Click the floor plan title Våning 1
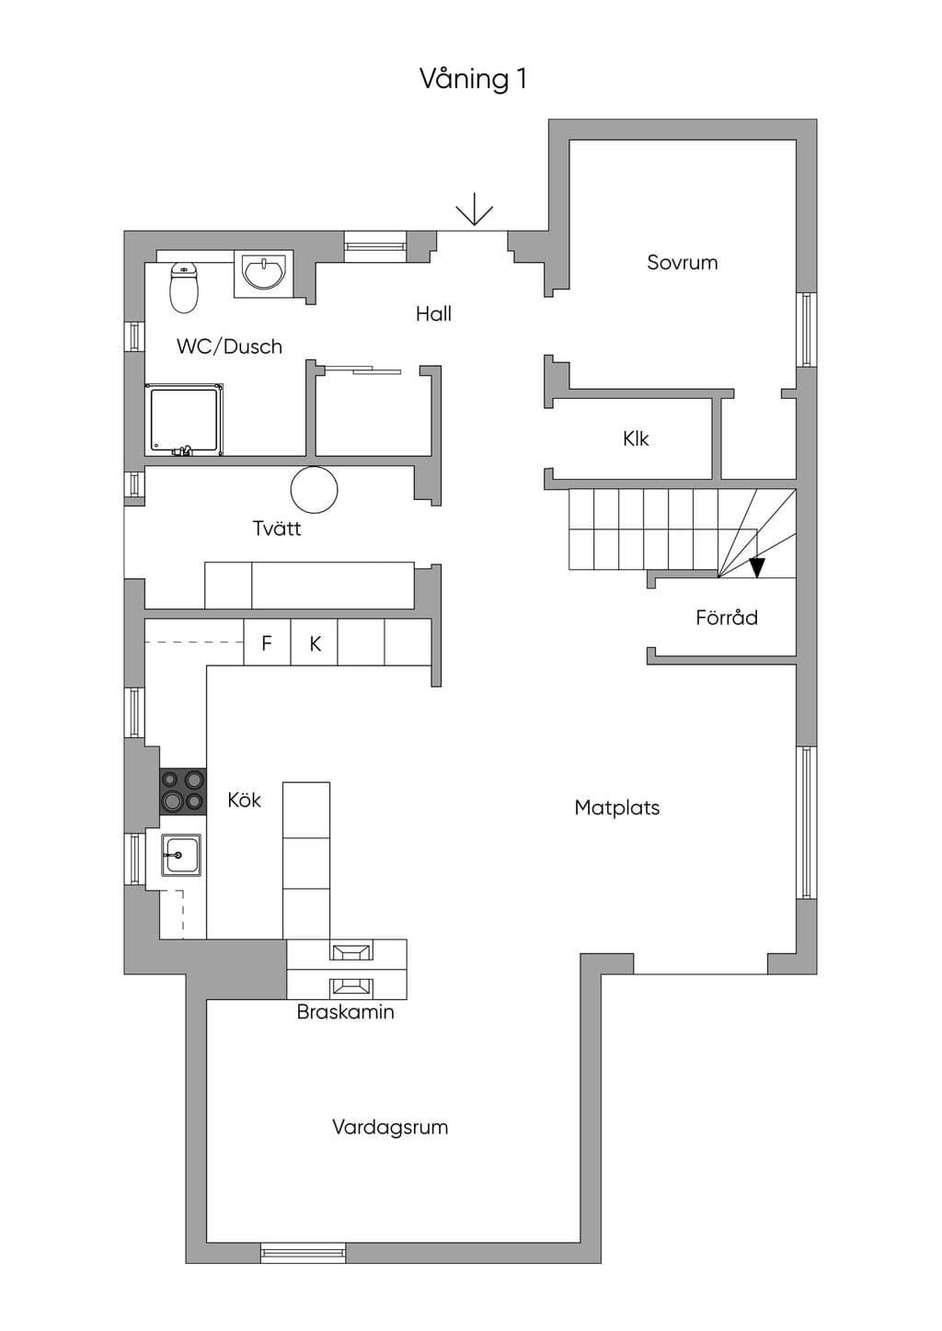[474, 79]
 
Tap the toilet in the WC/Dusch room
[184, 288]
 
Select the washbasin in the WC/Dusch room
[263, 272]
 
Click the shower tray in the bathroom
[184, 420]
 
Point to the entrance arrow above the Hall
[475, 210]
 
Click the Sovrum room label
[682, 262]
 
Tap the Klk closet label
[636, 439]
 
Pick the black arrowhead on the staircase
[756, 567]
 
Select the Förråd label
[727, 618]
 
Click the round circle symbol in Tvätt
[315, 490]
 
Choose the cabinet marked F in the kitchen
[267, 643]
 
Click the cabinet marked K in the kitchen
[314, 643]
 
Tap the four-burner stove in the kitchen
[183, 791]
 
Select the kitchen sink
[181, 856]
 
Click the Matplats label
[617, 808]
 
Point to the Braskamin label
[346, 1012]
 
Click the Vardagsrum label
[390, 1127]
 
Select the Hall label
[433, 313]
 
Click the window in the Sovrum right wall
[807, 330]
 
